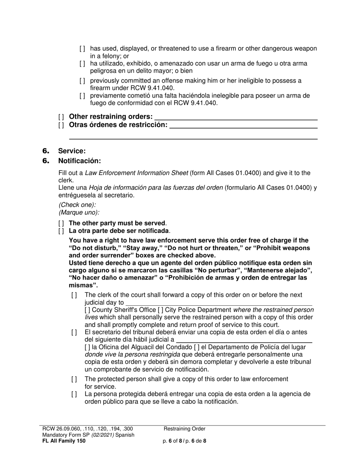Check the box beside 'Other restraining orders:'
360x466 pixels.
(x=61, y=117)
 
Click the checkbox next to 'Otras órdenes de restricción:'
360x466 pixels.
(x=61, y=125)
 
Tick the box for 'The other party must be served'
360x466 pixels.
(x=61, y=224)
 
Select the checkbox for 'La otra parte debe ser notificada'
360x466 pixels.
(x=61, y=231)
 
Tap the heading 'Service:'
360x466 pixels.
(x=72, y=151)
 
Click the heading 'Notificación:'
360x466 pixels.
(x=80, y=161)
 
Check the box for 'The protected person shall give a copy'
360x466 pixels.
(x=74, y=380)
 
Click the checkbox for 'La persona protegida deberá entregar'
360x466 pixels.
(x=74, y=394)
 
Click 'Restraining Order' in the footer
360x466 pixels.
(x=185, y=429)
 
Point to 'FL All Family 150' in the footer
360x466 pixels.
(x=64, y=441)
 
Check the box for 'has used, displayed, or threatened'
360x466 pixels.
(x=82, y=49)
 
